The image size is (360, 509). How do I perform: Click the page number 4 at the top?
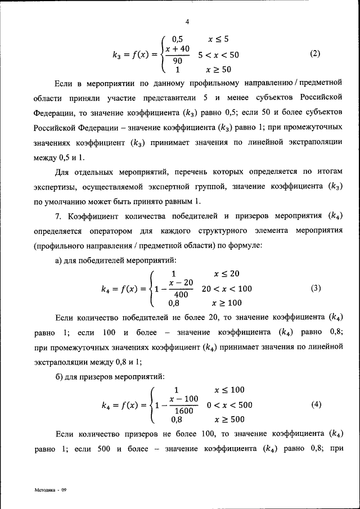(x=187, y=22)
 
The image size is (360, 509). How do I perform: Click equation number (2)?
(x=315, y=54)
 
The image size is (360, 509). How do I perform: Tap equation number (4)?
(x=316, y=404)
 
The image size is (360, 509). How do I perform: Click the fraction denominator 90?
(x=177, y=61)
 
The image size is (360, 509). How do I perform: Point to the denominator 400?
(x=181, y=295)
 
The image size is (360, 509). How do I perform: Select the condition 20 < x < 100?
(x=227, y=289)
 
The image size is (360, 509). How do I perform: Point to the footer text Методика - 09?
(x=51, y=490)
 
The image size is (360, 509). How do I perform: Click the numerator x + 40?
(x=178, y=49)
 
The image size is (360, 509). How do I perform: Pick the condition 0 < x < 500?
(x=229, y=404)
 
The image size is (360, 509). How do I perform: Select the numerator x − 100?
(x=183, y=399)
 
